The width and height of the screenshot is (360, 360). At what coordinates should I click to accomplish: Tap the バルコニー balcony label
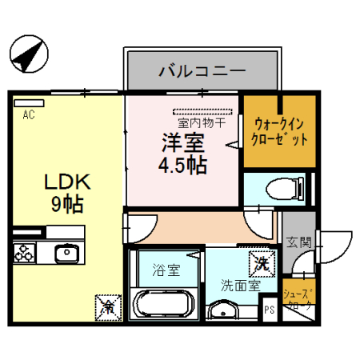201,72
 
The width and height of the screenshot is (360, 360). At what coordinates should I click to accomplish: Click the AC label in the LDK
29,114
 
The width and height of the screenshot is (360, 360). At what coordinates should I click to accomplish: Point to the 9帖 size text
68,205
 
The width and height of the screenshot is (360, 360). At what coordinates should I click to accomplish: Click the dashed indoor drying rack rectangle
202,111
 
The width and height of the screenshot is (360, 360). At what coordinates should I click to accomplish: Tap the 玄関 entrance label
298,242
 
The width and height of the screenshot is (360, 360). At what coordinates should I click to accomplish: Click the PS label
270,309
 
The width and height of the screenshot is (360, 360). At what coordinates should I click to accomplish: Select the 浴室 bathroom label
166,270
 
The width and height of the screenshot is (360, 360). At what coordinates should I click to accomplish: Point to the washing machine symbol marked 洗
261,261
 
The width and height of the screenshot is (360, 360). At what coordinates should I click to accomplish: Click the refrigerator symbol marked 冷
106,306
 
